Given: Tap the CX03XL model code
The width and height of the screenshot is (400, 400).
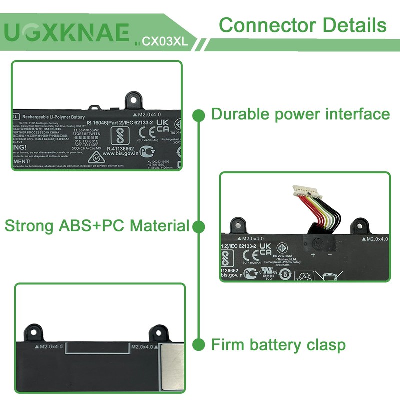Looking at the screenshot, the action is tap(165, 42).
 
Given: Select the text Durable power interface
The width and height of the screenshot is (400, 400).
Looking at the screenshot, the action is tap(300, 114).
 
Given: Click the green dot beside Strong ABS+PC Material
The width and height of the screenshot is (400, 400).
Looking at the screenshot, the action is tap(199, 227).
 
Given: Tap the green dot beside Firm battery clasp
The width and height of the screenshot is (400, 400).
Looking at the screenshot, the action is tap(199, 344).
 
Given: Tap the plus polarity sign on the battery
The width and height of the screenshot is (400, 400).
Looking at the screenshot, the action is tap(313, 255).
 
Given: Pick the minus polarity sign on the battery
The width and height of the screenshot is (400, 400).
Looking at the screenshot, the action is tap(330, 255).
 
